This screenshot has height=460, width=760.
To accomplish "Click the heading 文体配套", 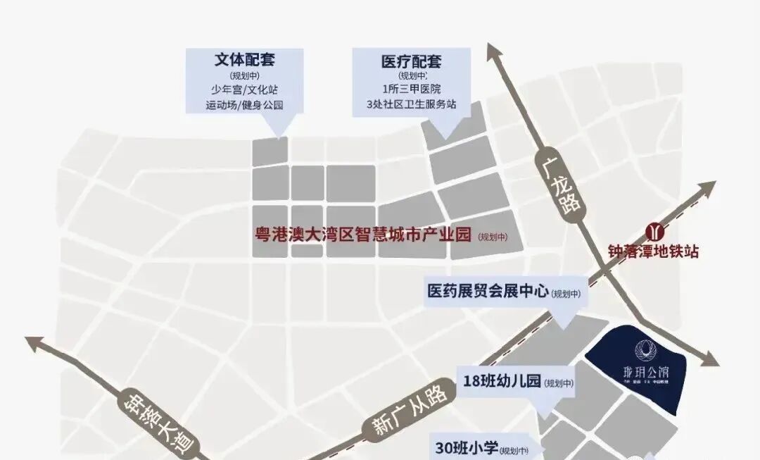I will coord(244,60).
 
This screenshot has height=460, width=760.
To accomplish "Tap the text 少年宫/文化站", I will coord(244,90).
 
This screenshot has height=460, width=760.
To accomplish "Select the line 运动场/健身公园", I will coord(244,105).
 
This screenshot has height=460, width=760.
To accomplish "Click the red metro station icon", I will coord(656,230).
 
